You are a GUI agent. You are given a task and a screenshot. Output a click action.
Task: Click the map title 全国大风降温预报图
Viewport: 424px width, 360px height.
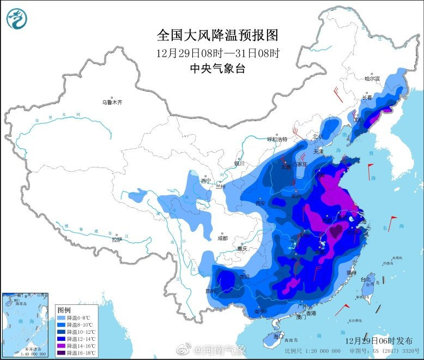click(217, 35)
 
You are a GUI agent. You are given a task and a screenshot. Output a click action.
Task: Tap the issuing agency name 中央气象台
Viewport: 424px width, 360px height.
click(217, 68)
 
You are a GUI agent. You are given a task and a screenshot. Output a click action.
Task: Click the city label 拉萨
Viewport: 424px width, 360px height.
click(117, 239)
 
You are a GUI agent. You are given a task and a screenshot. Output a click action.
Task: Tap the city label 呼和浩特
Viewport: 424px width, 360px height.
click(276, 140)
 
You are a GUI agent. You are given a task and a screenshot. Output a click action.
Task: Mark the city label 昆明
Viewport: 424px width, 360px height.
click(210, 290)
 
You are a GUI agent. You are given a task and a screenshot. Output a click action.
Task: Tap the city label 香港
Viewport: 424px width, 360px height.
click(310, 313)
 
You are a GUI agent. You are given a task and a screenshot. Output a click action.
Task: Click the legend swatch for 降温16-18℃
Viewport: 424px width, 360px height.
click(62, 352)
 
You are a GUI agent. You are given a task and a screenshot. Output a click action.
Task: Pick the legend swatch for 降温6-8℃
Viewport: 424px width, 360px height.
click(62, 317)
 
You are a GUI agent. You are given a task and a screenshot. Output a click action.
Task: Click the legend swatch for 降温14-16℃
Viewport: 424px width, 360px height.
click(62, 345)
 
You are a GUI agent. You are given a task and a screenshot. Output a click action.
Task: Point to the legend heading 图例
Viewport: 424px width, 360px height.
click(65, 308)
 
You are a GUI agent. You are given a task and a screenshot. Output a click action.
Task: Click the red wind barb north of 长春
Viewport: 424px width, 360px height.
click(338, 95)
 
